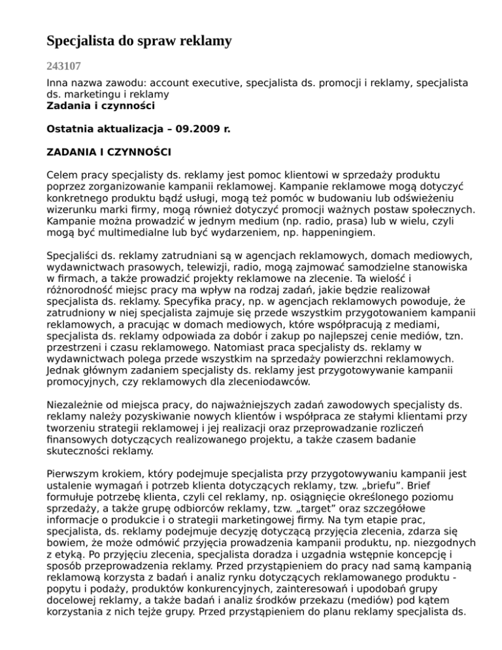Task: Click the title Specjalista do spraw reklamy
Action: pos(139,42)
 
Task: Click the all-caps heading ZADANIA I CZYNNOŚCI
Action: pos(109,152)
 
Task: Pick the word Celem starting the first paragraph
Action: pos(62,176)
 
